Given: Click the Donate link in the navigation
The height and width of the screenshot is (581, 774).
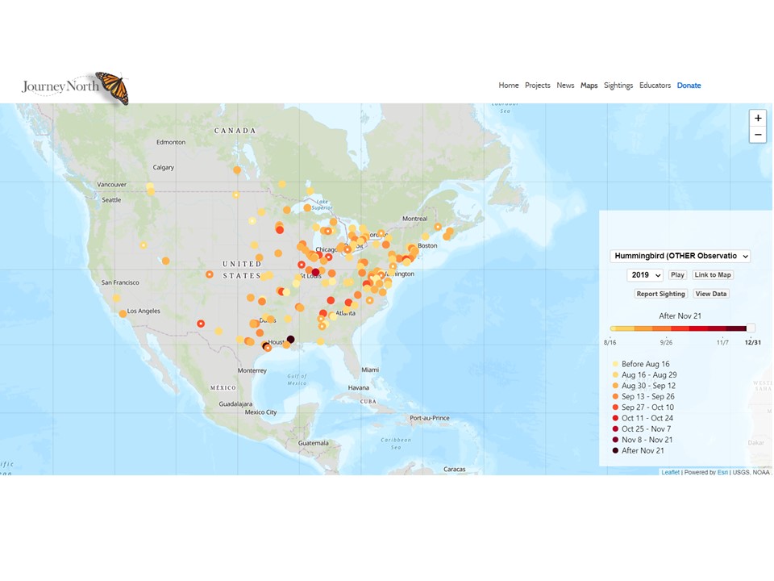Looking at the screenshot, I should pos(689,86).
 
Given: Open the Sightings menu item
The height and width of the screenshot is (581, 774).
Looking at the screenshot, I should pos(618,86).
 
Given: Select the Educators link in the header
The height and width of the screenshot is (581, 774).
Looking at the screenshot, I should pos(655,86).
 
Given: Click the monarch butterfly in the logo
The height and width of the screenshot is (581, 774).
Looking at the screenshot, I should pos(112,88).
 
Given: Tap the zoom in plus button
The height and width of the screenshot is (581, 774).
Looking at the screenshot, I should pos(758,119).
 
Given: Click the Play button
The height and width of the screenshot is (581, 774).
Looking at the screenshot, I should pos(677,275).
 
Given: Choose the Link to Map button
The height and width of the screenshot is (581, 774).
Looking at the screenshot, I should pos(713,275).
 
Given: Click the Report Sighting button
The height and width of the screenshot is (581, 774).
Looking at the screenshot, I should pos(660,294).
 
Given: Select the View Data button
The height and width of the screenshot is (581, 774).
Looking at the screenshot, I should pos(710,294).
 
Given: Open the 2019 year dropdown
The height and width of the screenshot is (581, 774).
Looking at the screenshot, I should pos(645,275).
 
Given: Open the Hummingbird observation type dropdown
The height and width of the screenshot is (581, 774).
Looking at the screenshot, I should pos(680,256).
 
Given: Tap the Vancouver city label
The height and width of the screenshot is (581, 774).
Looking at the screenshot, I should pos(111,184).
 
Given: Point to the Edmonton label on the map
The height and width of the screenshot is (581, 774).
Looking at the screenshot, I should pos(171,142).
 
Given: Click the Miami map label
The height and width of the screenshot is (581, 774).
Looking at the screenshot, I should pos(369,370).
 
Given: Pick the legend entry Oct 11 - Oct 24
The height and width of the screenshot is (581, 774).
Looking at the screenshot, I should pos(647,418).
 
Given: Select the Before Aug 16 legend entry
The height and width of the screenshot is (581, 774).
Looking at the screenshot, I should pos(645,364).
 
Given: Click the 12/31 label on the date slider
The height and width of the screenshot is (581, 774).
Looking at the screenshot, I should pos(752,343).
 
